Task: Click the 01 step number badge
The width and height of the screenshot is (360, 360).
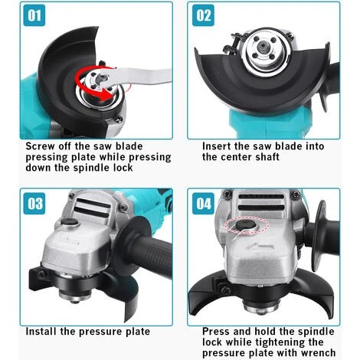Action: (34, 15)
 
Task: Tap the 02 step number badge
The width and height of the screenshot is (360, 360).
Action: (203, 15)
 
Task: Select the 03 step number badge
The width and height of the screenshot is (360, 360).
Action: (34, 204)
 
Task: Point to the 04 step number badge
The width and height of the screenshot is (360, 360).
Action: (203, 204)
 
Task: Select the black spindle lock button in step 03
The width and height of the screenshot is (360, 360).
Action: (70, 223)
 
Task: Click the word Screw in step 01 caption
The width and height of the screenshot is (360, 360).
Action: (40, 146)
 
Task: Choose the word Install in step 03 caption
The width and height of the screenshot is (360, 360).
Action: (41, 332)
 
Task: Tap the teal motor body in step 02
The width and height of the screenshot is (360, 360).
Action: (270, 123)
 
